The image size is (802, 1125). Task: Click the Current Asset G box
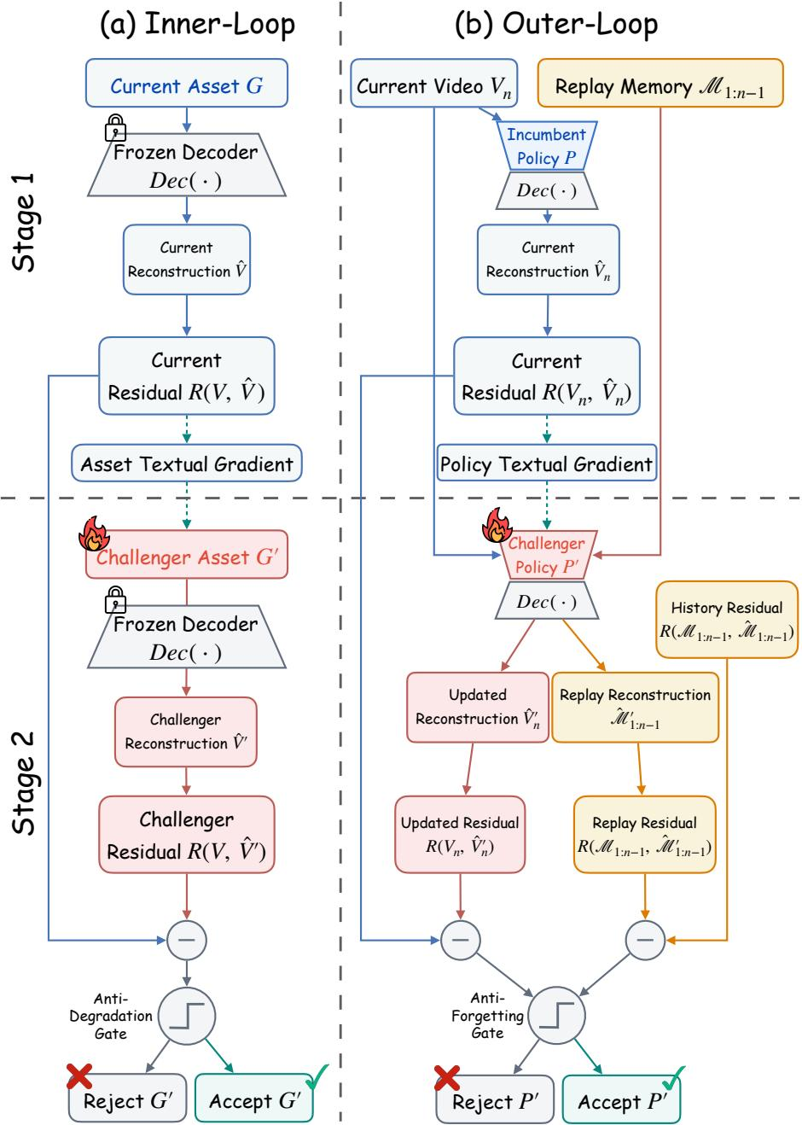tap(186, 83)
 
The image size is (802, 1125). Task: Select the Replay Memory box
tap(660, 83)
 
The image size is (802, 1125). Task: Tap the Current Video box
tap(433, 83)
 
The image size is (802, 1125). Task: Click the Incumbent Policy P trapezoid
tap(547, 146)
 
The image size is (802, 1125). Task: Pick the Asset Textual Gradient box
tap(186, 463)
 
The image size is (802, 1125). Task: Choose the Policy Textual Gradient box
tap(547, 463)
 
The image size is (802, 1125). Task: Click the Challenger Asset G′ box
tap(186, 555)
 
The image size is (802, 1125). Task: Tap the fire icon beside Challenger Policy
tap(497, 525)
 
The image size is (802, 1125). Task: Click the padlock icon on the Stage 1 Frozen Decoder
tap(115, 127)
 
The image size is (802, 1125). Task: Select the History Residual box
tap(727, 619)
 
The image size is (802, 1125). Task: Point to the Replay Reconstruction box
tap(635, 707)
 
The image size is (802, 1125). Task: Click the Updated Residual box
tap(460, 834)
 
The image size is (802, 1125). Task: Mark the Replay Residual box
tap(644, 834)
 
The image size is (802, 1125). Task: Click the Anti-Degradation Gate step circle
tap(187, 1016)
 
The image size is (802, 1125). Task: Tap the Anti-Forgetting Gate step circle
tap(557, 1015)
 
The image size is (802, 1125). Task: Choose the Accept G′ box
tap(254, 1100)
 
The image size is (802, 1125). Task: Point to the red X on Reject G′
tap(79, 1075)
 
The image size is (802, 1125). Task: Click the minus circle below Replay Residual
tap(645, 940)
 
